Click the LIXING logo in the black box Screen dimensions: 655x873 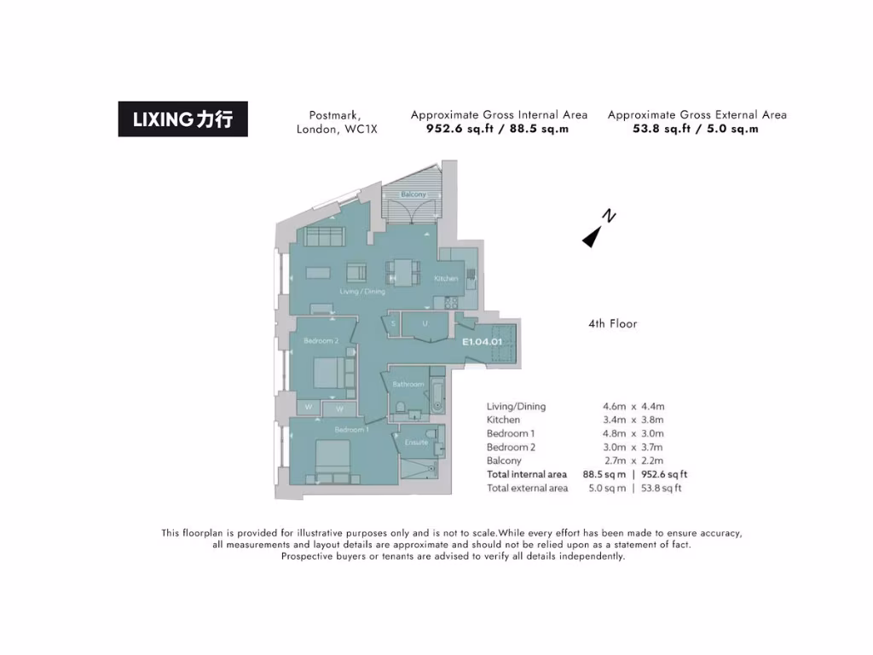click(x=182, y=119)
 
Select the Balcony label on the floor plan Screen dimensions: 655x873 click(x=413, y=195)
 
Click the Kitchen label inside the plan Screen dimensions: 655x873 click(x=446, y=279)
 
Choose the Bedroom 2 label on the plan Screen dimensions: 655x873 click(x=321, y=341)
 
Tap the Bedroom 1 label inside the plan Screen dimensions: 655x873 click(x=351, y=430)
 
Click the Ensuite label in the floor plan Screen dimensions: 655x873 click(x=416, y=443)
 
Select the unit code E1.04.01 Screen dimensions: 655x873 click(x=482, y=342)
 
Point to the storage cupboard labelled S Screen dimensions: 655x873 click(x=392, y=324)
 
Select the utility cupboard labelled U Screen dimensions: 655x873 click(x=425, y=324)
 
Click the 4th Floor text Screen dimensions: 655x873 click(x=612, y=324)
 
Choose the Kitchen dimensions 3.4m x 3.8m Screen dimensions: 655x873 click(x=633, y=420)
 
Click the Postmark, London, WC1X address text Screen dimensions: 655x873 click(x=336, y=122)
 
